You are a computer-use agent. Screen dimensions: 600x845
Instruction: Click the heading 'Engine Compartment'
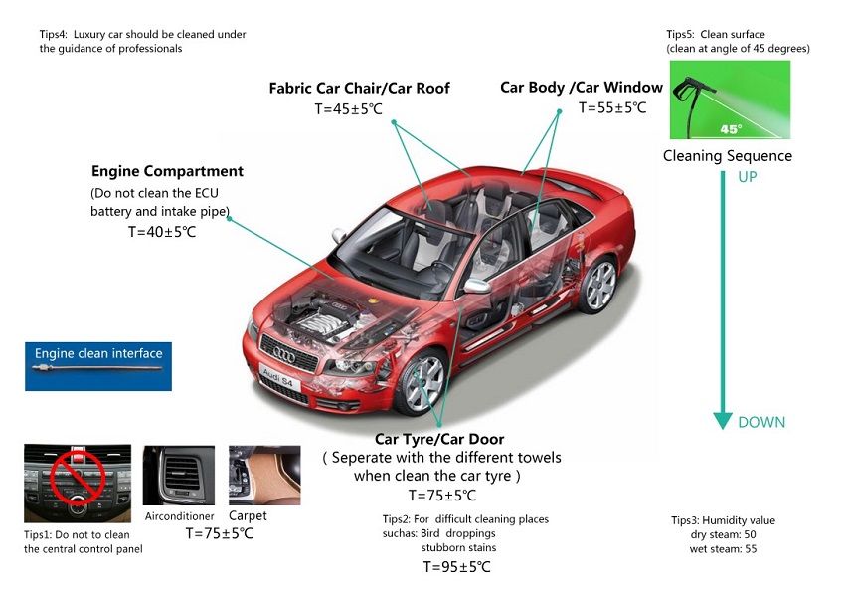[167, 171]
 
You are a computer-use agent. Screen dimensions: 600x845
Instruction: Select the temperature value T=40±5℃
[162, 232]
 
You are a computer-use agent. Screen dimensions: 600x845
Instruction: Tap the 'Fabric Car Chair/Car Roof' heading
[359, 89]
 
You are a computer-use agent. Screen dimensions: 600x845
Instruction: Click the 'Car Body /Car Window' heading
[582, 88]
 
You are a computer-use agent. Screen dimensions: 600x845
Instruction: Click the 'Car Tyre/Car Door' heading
[439, 439]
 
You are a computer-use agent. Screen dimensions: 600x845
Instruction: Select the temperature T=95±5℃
[456, 567]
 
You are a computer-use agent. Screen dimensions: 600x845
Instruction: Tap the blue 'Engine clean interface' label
[98, 353]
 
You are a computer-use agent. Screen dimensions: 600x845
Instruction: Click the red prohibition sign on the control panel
[78, 475]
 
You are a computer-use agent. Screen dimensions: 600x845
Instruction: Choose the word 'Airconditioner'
[179, 517]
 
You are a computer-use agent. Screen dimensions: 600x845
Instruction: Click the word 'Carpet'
[248, 516]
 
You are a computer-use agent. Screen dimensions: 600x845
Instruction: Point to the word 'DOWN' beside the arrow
[761, 422]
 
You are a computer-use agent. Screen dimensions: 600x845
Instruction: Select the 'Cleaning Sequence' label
[728, 156]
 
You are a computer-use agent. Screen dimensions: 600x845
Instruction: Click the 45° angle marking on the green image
[730, 128]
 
